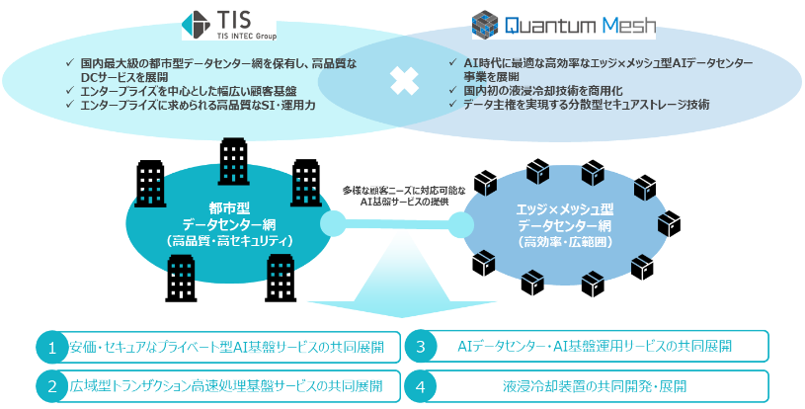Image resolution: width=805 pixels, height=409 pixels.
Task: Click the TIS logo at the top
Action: pyautogui.click(x=229, y=24)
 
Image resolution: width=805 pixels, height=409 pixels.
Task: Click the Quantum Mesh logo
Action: pyautogui.click(x=564, y=25)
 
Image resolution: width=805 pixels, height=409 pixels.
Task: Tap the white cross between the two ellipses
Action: pyautogui.click(x=404, y=81)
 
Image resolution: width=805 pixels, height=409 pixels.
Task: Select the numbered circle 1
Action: pyautogui.click(x=51, y=348)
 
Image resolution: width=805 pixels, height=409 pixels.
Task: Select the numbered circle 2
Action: pyautogui.click(x=51, y=386)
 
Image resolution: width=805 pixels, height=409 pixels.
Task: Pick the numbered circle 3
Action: pyautogui.click(x=421, y=347)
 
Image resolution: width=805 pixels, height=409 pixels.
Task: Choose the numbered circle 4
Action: pyautogui.click(x=421, y=386)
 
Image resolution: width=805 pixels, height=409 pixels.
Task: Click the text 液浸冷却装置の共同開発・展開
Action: pyautogui.click(x=595, y=386)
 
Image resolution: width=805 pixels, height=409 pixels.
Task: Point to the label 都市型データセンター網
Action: pyautogui.click(x=229, y=216)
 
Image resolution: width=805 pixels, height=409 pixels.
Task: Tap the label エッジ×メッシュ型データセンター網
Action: pyautogui.click(x=565, y=217)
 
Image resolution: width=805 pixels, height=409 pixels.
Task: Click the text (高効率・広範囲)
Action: pyautogui.click(x=565, y=242)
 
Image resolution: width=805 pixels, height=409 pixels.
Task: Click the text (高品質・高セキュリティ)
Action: pyautogui.click(x=229, y=241)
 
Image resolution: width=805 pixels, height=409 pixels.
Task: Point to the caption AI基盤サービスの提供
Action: pyautogui.click(x=405, y=203)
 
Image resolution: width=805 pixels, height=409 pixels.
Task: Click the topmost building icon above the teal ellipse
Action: pyautogui.click(x=234, y=161)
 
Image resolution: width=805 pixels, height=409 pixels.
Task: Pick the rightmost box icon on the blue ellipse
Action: pyautogui.click(x=670, y=223)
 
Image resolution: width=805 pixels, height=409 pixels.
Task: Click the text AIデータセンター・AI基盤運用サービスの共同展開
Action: pyautogui.click(x=595, y=347)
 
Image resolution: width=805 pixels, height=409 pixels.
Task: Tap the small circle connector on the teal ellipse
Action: pyautogui.click(x=333, y=223)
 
